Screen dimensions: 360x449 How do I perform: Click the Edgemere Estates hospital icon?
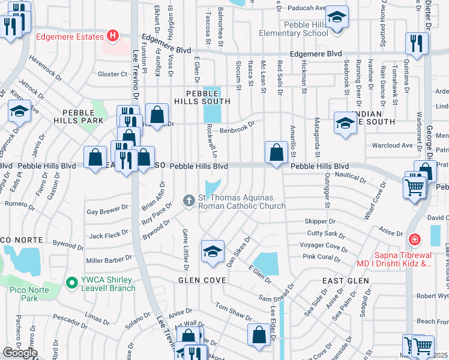pos(112,37)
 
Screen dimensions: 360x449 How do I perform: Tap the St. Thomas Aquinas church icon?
pos(189,200)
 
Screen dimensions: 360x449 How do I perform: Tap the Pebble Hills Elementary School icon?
pos(337,16)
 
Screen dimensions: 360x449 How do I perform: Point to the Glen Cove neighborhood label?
pos(202,280)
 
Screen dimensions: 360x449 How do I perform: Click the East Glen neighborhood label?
pos(341,280)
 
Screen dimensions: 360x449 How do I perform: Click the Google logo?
pos(20,353)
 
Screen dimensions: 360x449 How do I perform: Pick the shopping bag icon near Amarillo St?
pos(276,152)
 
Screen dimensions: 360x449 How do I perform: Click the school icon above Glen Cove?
pos(212,252)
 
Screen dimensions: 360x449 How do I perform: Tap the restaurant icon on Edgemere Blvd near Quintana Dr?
pos(414,44)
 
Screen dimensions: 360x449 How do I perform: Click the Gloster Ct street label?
pos(113,74)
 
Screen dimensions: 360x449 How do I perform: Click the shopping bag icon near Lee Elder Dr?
pos(259,336)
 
